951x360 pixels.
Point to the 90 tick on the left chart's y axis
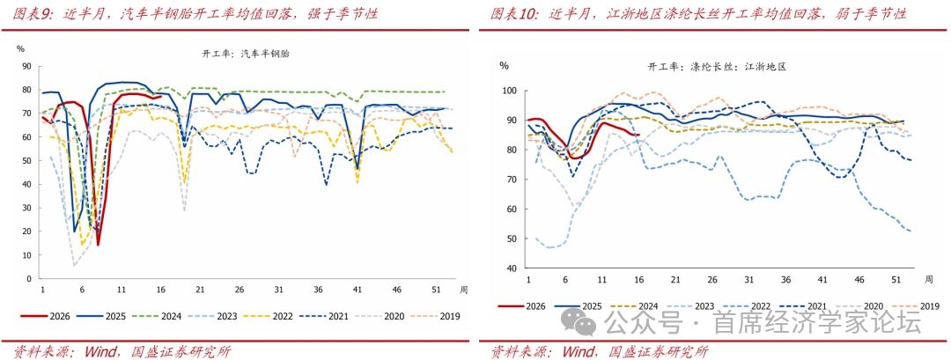[x=27, y=66]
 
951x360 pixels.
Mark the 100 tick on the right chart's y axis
[x=508, y=90]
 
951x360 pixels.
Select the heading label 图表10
[x=510, y=14]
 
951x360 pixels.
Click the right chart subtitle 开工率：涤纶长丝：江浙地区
[x=717, y=67]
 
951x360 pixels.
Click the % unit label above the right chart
[x=504, y=65]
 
